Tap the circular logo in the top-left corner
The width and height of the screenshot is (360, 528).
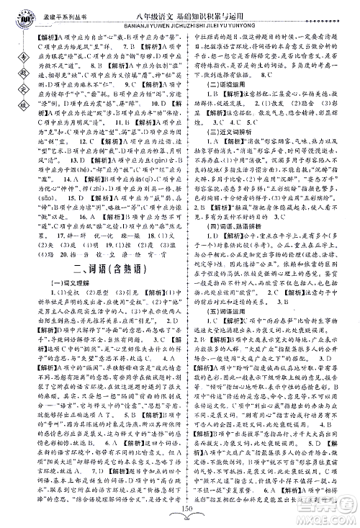pyautogui.click(x=12, y=13)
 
